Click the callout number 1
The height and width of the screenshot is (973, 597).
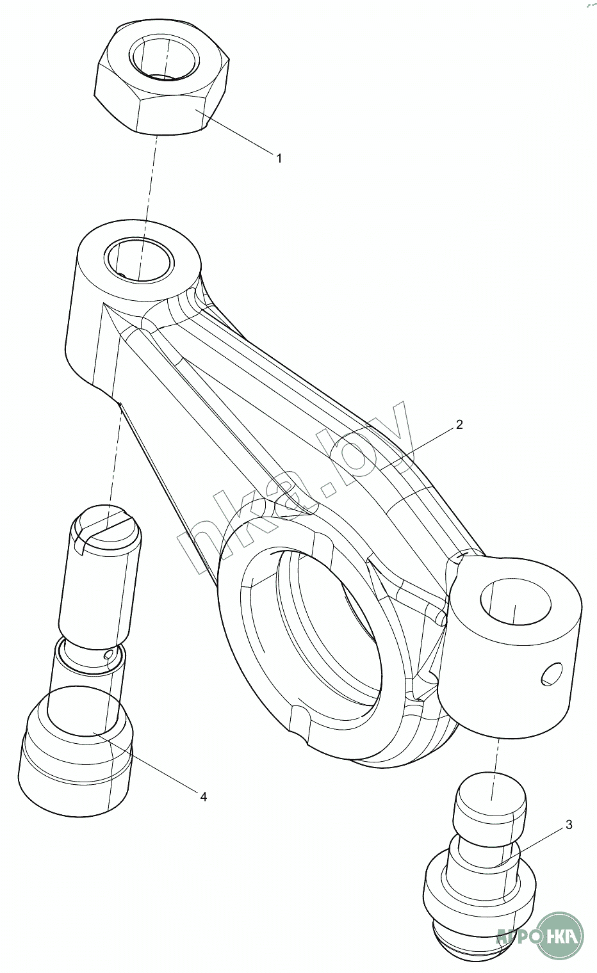click(279, 157)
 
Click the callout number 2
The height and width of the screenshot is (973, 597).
click(459, 424)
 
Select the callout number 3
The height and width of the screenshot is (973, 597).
click(569, 825)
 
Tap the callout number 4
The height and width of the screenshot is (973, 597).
click(203, 796)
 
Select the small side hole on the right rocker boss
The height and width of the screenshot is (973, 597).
click(549, 675)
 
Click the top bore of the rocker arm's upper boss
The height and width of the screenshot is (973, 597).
click(140, 259)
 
